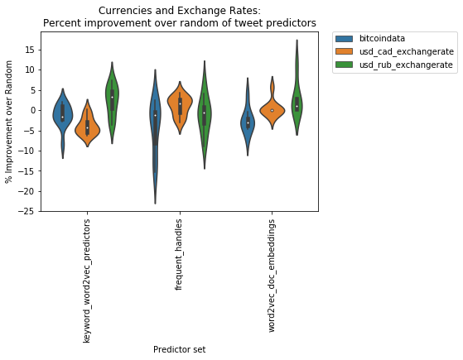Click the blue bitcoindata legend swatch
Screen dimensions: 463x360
[344, 38]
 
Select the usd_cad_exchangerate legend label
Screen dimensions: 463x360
[407, 51]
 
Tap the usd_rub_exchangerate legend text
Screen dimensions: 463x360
[406, 65]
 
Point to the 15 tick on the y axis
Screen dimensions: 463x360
[30, 50]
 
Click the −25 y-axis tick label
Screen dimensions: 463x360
[26, 212]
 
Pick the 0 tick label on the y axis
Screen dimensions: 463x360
[32, 110]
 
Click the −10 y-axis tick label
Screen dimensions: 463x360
[26, 151]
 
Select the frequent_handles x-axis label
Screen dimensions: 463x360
[178, 255]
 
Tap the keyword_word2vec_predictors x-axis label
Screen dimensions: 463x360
[86, 281]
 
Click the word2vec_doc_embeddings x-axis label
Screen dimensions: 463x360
[272, 276]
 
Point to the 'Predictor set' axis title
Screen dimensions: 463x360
[179, 349]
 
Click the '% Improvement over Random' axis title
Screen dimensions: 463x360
[8, 122]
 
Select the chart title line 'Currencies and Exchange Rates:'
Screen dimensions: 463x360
[180, 11]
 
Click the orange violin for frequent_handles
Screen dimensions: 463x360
[180, 103]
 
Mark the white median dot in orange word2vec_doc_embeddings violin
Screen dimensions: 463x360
[272, 110]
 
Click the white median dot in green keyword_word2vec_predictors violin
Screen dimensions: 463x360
[112, 97]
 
